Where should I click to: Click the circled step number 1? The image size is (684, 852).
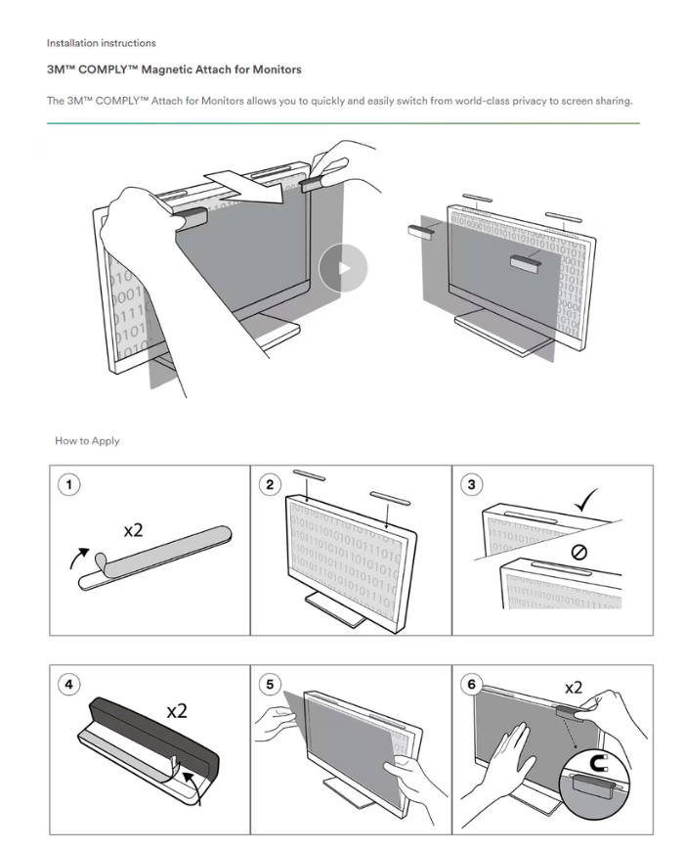(66, 482)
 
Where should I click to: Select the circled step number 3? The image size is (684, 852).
(471, 483)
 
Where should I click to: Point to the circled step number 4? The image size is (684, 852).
(67, 684)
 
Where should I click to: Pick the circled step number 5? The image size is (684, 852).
(269, 684)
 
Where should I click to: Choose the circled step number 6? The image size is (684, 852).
(472, 684)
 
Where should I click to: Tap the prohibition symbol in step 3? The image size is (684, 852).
(578, 553)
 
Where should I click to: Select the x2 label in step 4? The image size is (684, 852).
(177, 711)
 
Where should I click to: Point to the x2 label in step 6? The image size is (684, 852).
(572, 687)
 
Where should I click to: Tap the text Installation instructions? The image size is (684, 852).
(101, 43)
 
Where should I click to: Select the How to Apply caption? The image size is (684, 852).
(87, 441)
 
